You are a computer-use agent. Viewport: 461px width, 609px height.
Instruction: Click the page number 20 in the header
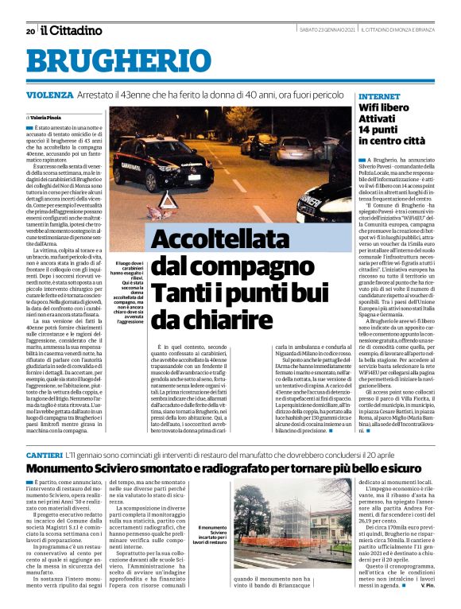click(x=29, y=31)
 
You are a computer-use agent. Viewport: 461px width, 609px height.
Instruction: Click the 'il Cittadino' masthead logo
click(x=72, y=30)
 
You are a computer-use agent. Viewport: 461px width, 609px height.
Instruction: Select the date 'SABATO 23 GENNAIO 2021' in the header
click(x=306, y=31)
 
